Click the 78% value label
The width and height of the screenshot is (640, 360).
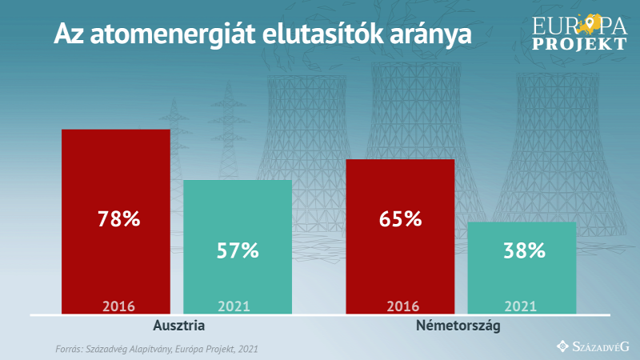pyautogui.click(x=118, y=218)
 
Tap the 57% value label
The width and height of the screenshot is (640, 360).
pyautogui.click(x=238, y=250)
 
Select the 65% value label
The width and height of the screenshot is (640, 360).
pyautogui.click(x=401, y=218)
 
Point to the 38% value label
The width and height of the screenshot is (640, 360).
pyautogui.click(x=525, y=250)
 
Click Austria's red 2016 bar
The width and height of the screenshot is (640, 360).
pyautogui.click(x=116, y=222)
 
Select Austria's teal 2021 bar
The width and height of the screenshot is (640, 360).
pyautogui.click(x=238, y=247)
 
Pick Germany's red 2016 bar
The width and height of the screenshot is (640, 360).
pyautogui.click(x=400, y=237)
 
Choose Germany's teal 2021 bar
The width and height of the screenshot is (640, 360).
pyautogui.click(x=522, y=268)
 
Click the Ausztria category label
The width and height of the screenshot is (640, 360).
pyautogui.click(x=178, y=326)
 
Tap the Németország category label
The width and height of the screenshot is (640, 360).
pyautogui.click(x=458, y=326)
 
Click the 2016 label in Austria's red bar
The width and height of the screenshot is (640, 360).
pyautogui.click(x=118, y=306)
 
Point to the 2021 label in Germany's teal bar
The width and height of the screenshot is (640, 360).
pyautogui.click(x=521, y=306)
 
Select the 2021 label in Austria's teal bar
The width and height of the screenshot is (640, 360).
pyautogui.click(x=234, y=306)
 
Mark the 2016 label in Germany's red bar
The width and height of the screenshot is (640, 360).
pyautogui.click(x=403, y=306)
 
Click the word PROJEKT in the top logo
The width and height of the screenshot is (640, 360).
pyautogui.click(x=579, y=44)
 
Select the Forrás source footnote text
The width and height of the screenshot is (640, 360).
pyautogui.click(x=157, y=349)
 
